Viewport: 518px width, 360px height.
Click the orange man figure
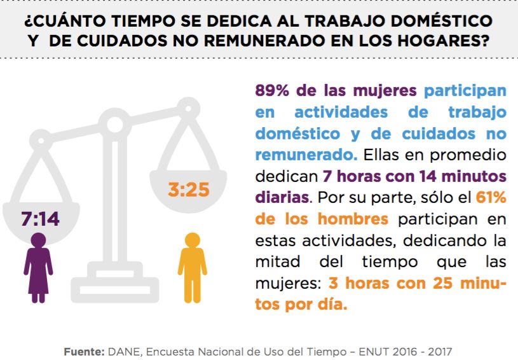coord(191,265)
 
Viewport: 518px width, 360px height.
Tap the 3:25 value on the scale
coord(188,189)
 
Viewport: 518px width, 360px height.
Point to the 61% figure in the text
coord(491,198)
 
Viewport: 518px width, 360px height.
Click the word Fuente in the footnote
coord(83,351)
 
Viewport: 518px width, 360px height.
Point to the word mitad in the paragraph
coord(275,261)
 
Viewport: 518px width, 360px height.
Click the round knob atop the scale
coord(116,122)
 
